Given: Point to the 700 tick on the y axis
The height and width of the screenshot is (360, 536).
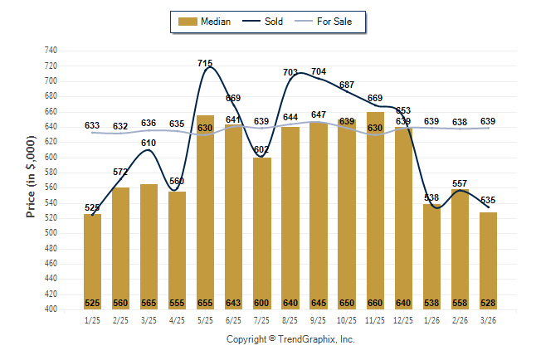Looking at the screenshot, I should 51,81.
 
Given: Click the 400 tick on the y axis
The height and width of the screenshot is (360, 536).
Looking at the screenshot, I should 51,309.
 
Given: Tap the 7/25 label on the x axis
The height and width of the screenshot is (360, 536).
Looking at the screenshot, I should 261,320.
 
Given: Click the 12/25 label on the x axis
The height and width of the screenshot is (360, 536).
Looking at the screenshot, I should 403,320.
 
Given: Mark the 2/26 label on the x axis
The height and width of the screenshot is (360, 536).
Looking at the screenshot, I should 460,320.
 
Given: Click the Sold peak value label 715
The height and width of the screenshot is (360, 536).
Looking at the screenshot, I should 206,63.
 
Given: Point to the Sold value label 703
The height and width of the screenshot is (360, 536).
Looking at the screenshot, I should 290,72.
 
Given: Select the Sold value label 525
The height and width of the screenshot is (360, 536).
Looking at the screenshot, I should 92,207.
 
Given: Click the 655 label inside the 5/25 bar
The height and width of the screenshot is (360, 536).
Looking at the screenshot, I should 205,303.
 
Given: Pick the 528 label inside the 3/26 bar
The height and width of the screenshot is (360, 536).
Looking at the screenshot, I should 488,303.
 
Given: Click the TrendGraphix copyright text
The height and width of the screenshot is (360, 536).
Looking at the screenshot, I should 290,339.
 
